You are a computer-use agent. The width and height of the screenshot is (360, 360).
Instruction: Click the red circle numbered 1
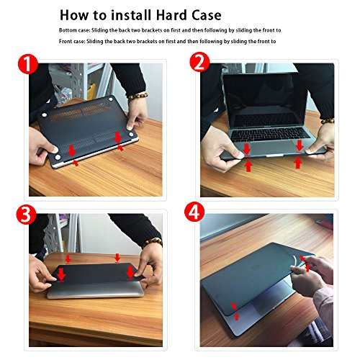[x=28, y=64]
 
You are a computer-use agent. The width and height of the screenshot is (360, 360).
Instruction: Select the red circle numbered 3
[x=26, y=215]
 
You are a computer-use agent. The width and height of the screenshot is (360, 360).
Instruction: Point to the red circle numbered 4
[x=194, y=212]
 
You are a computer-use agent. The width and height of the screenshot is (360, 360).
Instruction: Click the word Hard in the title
[x=171, y=15]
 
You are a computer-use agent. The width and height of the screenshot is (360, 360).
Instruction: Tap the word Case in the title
[x=206, y=15]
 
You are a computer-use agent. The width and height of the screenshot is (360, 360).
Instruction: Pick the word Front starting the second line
[x=64, y=41]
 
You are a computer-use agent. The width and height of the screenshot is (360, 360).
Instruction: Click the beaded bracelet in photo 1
[x=137, y=96]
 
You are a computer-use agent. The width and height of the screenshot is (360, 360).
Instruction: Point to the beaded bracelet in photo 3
[x=153, y=243]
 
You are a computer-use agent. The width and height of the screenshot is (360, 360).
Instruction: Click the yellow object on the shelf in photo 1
[x=91, y=91]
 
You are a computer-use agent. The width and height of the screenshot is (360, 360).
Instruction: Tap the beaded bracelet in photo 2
[x=328, y=121]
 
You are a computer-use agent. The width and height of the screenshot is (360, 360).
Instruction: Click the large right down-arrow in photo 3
[x=130, y=274]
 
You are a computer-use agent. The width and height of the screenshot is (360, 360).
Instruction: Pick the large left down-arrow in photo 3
[x=61, y=274]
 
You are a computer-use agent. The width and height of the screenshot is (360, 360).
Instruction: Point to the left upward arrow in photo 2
[x=248, y=166]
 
